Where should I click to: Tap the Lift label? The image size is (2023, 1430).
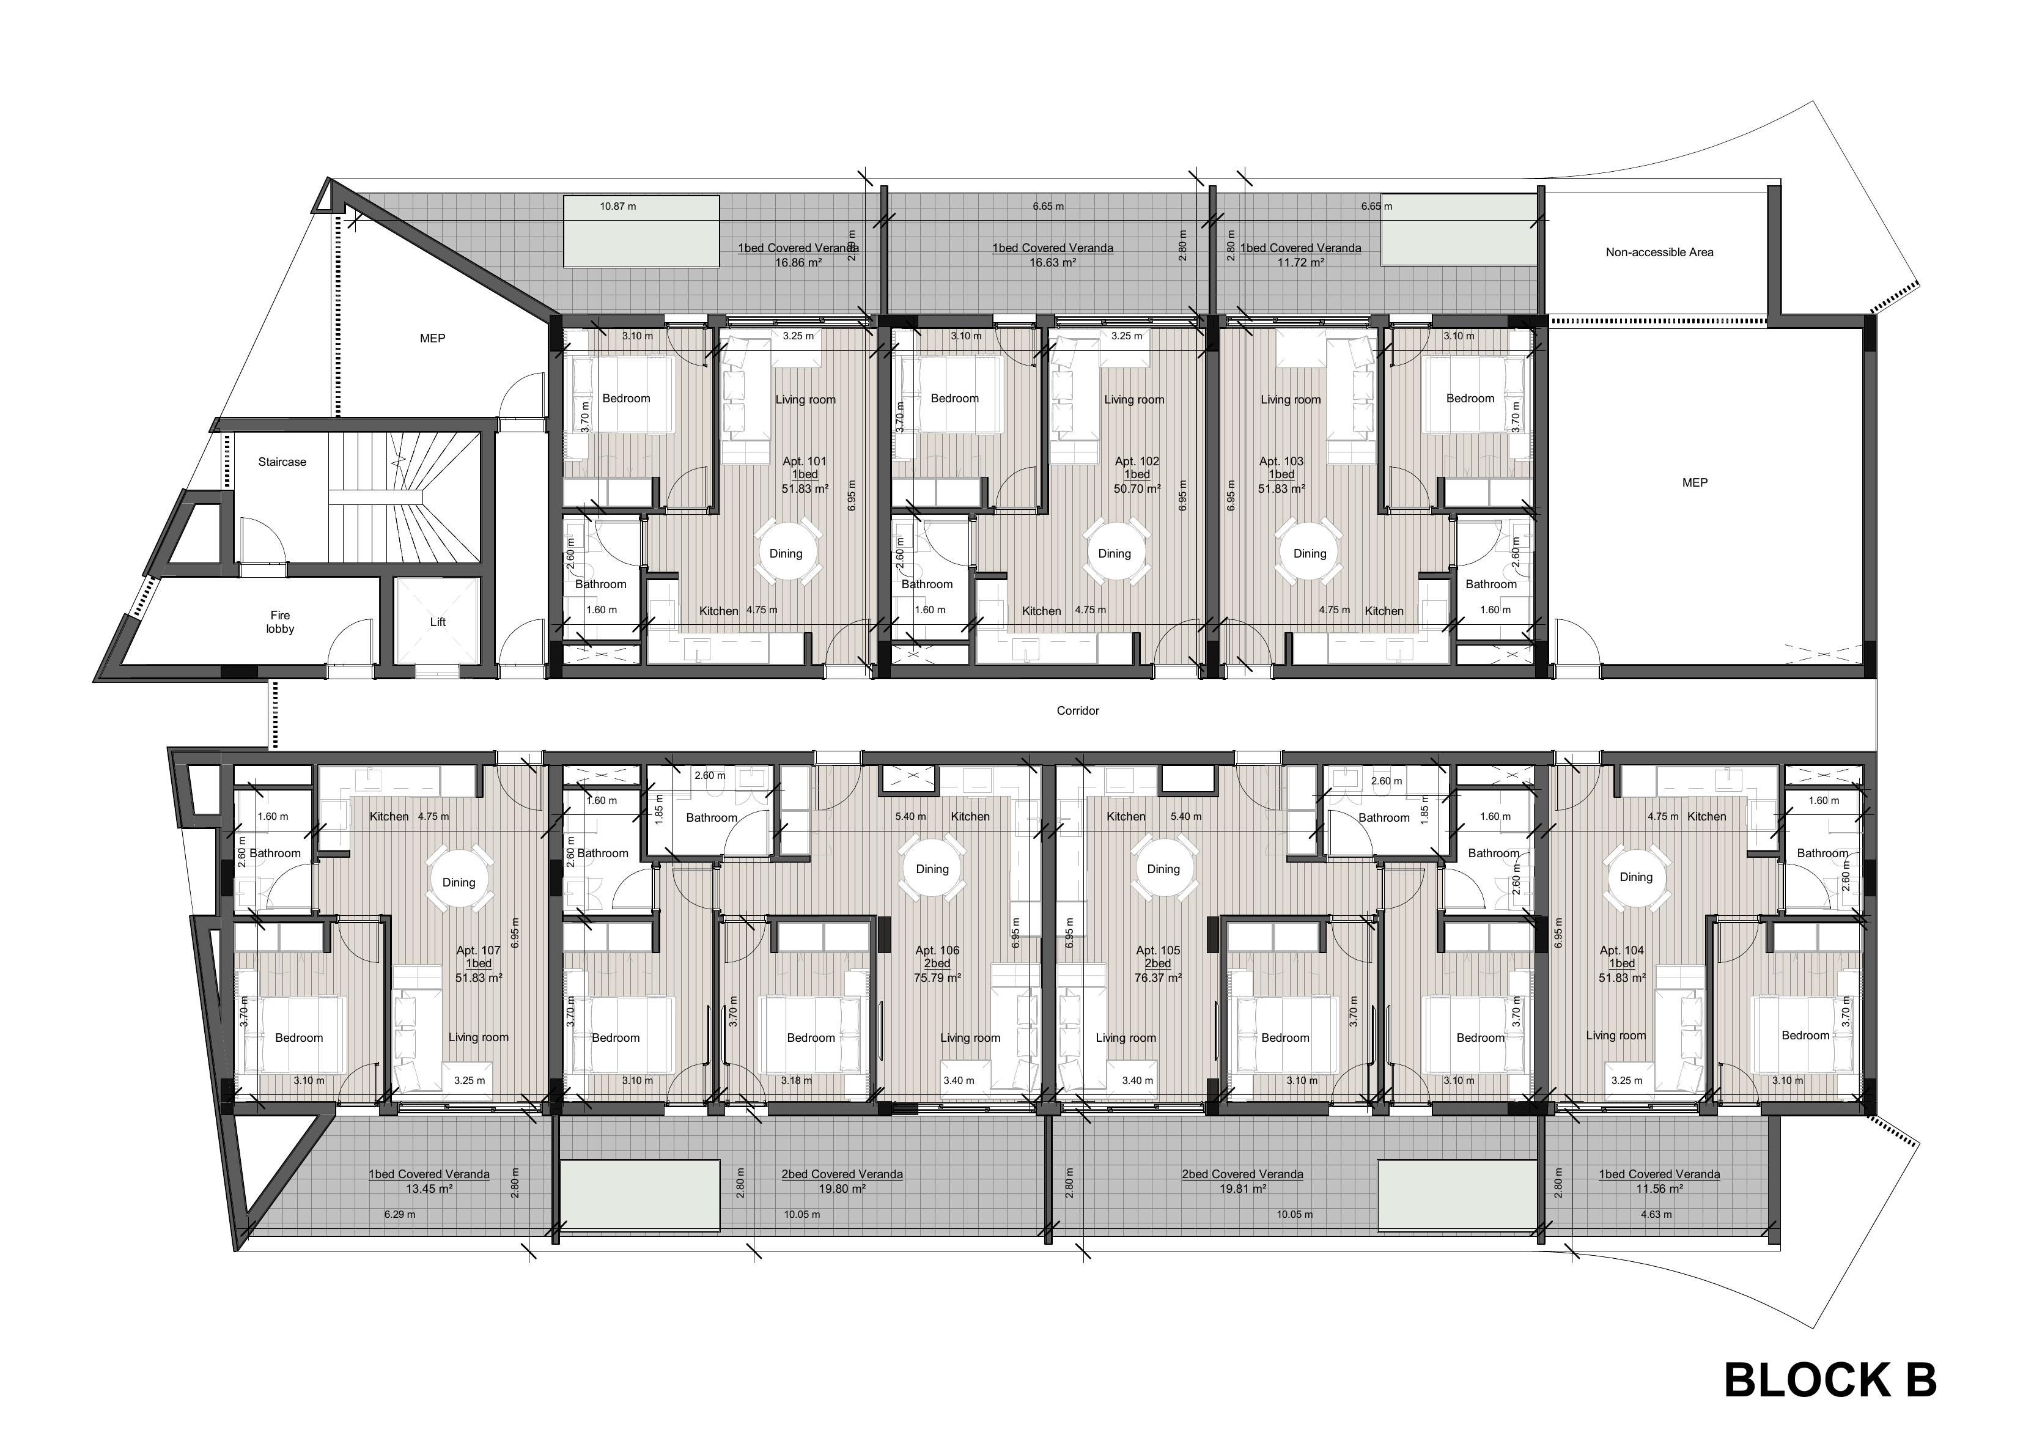pos(438,621)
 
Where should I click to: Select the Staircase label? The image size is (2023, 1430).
pos(282,462)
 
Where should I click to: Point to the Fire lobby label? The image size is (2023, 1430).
pos(280,622)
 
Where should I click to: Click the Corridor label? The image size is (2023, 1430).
pos(1078,710)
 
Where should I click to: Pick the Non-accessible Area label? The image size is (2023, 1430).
pos(1659,252)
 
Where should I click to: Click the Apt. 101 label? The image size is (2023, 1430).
pos(805,461)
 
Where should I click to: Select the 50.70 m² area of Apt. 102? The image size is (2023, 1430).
pos(1137,487)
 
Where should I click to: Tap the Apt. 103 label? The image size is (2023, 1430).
pos(1281,461)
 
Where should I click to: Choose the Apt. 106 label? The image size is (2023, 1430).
pos(937,950)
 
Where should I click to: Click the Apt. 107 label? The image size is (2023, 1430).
pos(479,950)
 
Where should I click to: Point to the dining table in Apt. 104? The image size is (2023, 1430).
pos(1635,877)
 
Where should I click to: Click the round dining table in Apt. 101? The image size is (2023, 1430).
pos(786,553)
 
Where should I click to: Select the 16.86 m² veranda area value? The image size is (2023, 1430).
pos(798,262)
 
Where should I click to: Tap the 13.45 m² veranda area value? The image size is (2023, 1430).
pos(429,1188)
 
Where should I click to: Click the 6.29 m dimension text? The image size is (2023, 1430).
pos(399,1214)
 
